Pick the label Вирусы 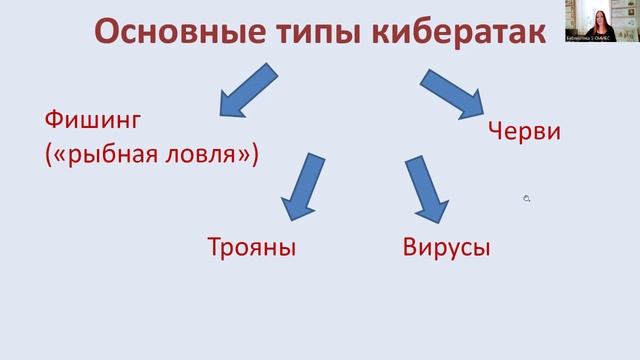[446, 246]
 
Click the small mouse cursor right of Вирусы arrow [526, 199]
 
